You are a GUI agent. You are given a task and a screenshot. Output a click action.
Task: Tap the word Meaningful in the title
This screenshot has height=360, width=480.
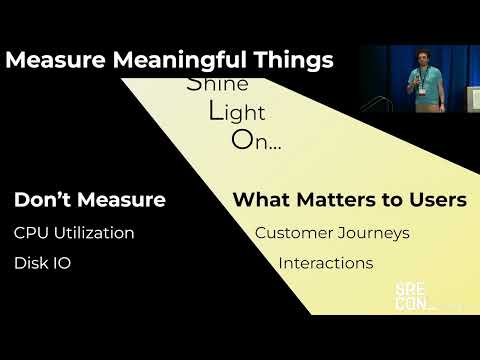[164, 60]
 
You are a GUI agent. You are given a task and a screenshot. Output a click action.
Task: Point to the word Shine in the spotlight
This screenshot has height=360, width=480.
[217, 83]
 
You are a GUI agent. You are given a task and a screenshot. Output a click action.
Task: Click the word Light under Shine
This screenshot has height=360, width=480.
[236, 111]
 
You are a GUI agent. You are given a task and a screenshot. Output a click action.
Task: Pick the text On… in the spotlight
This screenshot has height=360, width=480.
[256, 140]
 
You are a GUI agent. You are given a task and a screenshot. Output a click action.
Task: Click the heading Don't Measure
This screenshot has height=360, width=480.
[89, 200]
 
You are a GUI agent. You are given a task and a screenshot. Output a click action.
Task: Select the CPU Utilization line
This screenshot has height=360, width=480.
[74, 233]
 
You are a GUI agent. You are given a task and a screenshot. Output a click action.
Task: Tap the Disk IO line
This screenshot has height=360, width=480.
[42, 264]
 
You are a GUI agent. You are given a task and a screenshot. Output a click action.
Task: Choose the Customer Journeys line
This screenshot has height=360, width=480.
[332, 233]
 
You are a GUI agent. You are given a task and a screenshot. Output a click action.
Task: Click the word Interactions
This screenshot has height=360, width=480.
[325, 264]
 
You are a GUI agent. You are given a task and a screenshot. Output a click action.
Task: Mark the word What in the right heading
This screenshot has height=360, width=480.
[259, 200]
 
